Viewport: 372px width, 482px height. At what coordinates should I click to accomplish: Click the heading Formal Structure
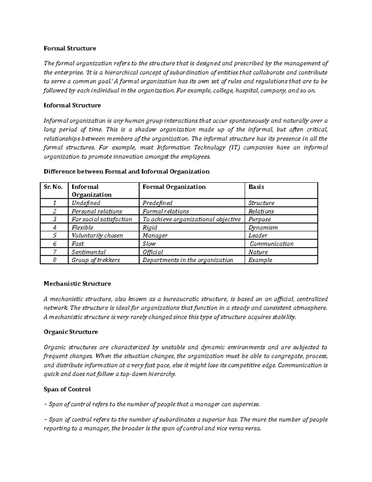point(70,48)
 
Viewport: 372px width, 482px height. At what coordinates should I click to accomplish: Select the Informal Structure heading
point(72,106)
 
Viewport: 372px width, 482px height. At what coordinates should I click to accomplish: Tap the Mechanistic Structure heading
point(77,284)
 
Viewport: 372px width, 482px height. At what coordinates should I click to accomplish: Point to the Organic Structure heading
point(71,332)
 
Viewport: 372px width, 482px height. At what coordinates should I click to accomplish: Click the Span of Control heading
point(67,389)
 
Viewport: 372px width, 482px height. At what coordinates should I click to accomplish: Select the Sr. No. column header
point(54,187)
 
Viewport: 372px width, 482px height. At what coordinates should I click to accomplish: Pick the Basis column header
point(256,187)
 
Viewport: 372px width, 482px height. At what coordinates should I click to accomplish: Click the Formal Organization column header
point(174,187)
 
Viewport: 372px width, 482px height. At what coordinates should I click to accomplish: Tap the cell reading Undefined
point(86,203)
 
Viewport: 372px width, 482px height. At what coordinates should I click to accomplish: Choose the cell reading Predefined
point(157,203)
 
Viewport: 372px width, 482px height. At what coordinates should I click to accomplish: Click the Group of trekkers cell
point(95,260)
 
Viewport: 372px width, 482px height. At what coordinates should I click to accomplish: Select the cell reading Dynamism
point(263,227)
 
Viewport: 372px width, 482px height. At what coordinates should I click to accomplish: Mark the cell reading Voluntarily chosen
point(97,236)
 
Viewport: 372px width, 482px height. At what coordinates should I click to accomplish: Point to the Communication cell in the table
point(272,244)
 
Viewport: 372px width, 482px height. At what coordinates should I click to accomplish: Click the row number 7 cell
point(54,252)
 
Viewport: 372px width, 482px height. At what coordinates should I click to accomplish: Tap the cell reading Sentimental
point(89,252)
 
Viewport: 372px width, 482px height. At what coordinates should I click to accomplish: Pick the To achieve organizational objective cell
point(191,219)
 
